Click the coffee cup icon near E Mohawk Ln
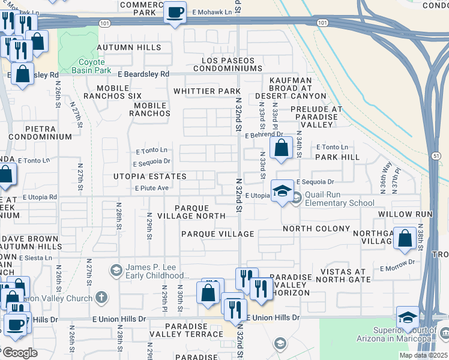175,13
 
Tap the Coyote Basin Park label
91,66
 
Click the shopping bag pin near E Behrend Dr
281,148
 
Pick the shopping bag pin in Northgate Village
406,238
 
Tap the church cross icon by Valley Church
102,297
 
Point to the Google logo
20,353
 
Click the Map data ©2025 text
423,355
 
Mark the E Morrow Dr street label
397,262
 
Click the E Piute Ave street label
151,188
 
